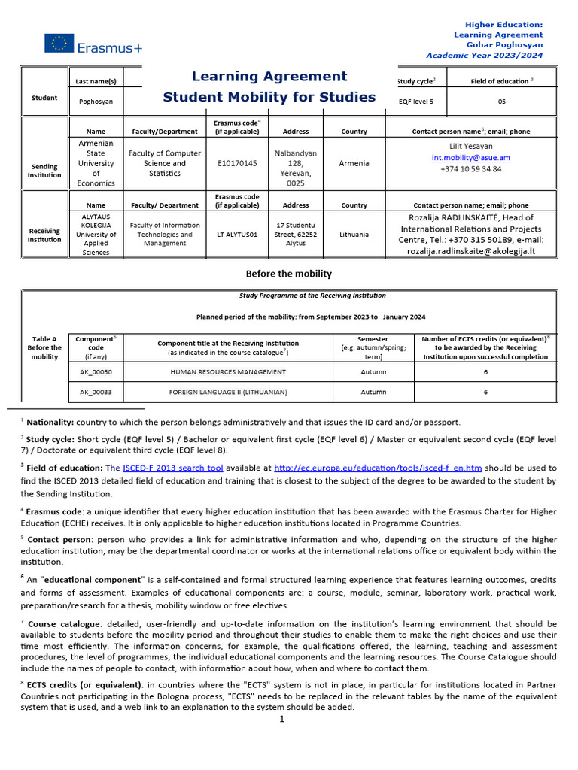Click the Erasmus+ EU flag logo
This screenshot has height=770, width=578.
pyautogui.click(x=58, y=44)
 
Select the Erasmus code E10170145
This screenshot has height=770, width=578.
pyautogui.click(x=236, y=163)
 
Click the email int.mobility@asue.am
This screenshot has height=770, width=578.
pyautogui.click(x=470, y=158)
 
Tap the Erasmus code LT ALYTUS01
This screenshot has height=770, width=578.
pyautogui.click(x=236, y=235)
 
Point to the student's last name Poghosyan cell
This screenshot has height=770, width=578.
pyautogui.click(x=97, y=100)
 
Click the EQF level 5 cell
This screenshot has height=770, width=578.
pyautogui.click(x=415, y=99)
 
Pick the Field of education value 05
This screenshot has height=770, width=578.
pyautogui.click(x=502, y=99)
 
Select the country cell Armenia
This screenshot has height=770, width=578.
pyautogui.click(x=354, y=163)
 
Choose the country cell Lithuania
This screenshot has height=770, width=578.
pyautogui.click(x=354, y=235)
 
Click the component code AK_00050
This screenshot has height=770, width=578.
pyautogui.click(x=96, y=372)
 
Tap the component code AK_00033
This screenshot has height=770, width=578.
pyautogui.click(x=96, y=392)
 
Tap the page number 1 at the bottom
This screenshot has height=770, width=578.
pyautogui.click(x=281, y=720)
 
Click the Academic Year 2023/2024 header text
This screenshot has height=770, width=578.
pyautogui.click(x=484, y=56)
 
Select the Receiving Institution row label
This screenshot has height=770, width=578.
pyautogui.click(x=44, y=235)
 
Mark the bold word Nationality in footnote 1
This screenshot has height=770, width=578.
pyautogui.click(x=50, y=423)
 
